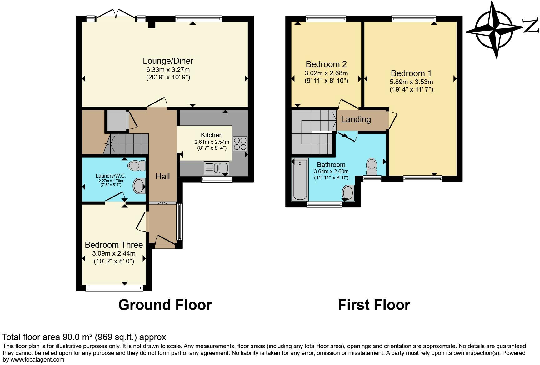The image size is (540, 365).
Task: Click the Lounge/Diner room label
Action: coord(168,61)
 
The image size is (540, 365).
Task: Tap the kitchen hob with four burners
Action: coord(240,144)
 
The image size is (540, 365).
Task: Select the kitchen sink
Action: coord(216,168)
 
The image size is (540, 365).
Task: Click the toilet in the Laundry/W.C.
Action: coord(137,165)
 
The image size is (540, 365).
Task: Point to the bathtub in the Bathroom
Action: coord(300,179)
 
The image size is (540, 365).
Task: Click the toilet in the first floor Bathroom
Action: coord(372,167)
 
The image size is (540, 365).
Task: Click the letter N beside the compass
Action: coord(532,26)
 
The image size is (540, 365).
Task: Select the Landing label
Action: coord(356,119)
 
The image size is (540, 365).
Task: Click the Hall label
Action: coord(163,177)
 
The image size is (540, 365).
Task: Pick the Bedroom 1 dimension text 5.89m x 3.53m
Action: coord(411,82)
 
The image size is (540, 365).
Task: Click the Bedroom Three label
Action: coord(114,245)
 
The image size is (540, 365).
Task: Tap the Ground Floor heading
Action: coord(165,305)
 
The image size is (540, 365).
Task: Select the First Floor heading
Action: coord(374,305)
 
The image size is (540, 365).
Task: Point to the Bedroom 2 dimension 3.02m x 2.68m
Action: coord(326,73)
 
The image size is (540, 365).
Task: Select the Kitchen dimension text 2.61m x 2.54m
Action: coord(212,142)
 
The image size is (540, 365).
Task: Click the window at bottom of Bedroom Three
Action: coord(114,288)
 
